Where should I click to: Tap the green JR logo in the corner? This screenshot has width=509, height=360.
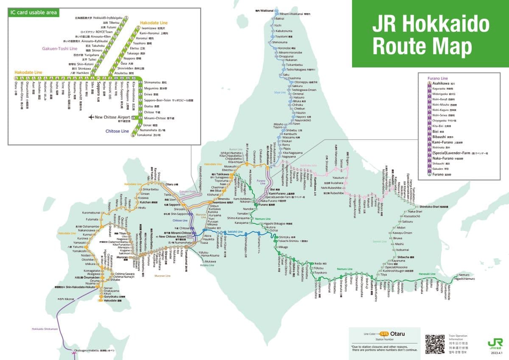coord(495,343)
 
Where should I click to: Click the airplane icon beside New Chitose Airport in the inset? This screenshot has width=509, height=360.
coord(90,117)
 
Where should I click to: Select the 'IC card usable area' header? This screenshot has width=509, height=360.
coord(34,12)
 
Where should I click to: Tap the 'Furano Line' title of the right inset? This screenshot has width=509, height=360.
coord(438,79)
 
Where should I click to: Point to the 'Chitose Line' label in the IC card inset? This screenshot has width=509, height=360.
coord(117,131)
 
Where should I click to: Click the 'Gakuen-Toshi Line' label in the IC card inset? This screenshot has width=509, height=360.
coord(59,49)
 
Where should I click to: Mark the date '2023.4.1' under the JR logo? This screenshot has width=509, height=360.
coord(497,353)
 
